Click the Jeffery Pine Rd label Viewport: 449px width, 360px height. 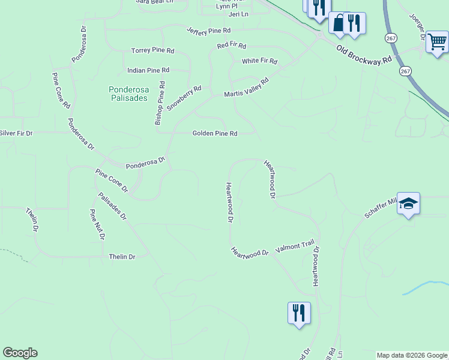click(208, 30)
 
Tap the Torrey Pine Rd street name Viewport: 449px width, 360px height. click(152, 51)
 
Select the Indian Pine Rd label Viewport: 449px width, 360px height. click(148, 70)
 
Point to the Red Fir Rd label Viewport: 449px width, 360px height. click(232, 46)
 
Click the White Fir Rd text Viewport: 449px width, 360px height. click(259, 61)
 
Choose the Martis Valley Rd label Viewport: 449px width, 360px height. click(246, 88)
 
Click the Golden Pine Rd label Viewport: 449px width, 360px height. click(215, 134)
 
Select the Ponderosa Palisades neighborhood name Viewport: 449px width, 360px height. click(128, 94)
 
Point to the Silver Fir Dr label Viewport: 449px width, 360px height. click(16, 133)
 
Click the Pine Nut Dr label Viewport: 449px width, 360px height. click(97, 224)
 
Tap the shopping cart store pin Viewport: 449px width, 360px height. click(438, 41)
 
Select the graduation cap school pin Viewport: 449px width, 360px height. click(408, 203)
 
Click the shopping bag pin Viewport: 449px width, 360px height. click(339, 23)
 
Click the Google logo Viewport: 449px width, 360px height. click(20, 353)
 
